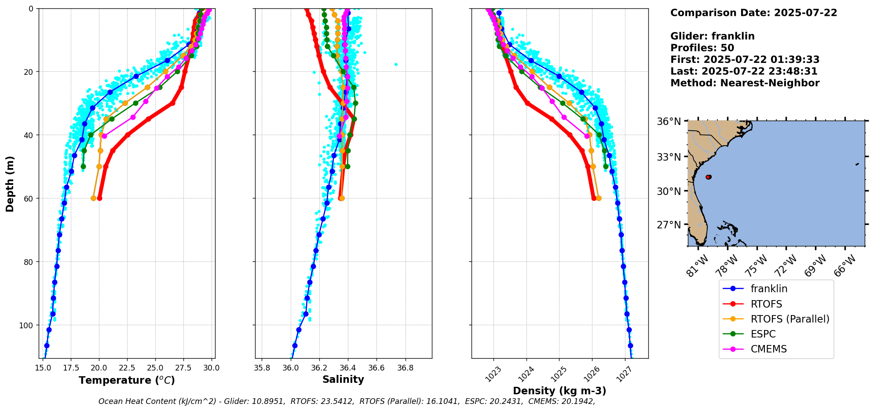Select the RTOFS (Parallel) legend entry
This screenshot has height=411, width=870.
(790, 319)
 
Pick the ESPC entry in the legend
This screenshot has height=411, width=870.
(763, 334)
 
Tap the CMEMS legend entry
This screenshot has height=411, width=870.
(768, 349)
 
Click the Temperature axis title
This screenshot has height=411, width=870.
(127, 380)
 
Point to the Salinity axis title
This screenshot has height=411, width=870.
(343, 380)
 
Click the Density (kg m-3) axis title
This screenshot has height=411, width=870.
(559, 391)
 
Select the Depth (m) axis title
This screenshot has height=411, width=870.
(10, 183)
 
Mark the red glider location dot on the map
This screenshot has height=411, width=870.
(708, 177)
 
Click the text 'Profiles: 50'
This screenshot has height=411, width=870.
(702, 48)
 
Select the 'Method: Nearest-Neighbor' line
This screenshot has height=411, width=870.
(745, 83)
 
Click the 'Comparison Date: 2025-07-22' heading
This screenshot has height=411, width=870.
(753, 13)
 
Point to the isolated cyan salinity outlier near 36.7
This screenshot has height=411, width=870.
(396, 64)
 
